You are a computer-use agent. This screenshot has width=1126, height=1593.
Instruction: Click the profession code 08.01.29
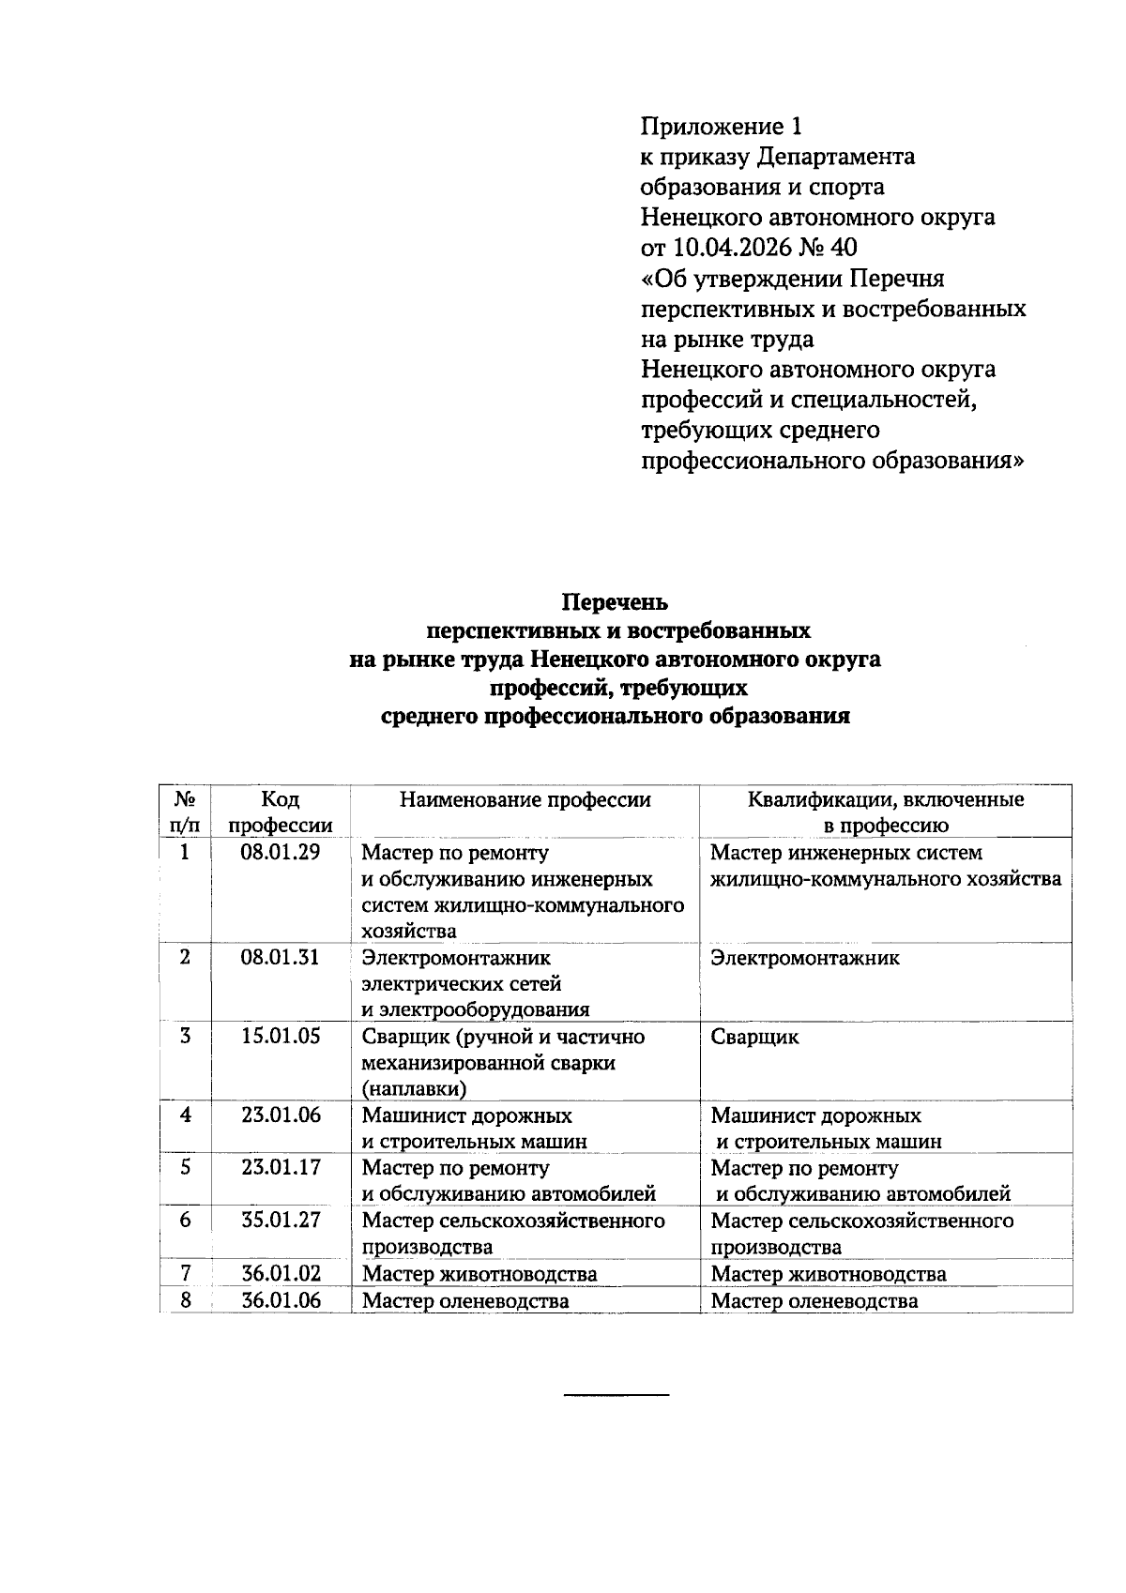click(280, 853)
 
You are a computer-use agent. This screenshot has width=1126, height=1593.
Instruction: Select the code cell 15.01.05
click(280, 1037)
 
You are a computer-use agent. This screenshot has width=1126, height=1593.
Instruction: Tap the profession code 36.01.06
click(280, 1300)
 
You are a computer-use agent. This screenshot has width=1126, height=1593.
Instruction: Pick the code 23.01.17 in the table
click(280, 1168)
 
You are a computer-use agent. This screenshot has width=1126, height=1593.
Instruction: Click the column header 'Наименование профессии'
click(525, 800)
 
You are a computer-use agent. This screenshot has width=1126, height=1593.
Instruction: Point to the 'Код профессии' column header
click(280, 812)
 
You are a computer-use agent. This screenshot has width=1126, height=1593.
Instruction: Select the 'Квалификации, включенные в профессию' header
click(886, 812)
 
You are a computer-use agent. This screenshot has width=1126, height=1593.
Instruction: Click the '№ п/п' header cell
click(185, 812)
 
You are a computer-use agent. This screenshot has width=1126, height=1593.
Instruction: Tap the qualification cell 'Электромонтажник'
click(805, 958)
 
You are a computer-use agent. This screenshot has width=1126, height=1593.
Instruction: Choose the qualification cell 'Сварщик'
click(754, 1037)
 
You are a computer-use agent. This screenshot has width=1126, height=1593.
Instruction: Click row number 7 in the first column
click(185, 1273)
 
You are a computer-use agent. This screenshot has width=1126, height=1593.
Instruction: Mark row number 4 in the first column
click(185, 1115)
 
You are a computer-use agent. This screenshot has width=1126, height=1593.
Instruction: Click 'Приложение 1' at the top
click(722, 126)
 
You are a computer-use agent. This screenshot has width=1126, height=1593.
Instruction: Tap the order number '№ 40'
click(831, 248)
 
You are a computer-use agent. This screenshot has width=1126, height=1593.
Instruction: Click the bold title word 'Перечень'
click(615, 601)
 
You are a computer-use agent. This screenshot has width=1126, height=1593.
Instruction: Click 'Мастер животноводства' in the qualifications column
click(829, 1274)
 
